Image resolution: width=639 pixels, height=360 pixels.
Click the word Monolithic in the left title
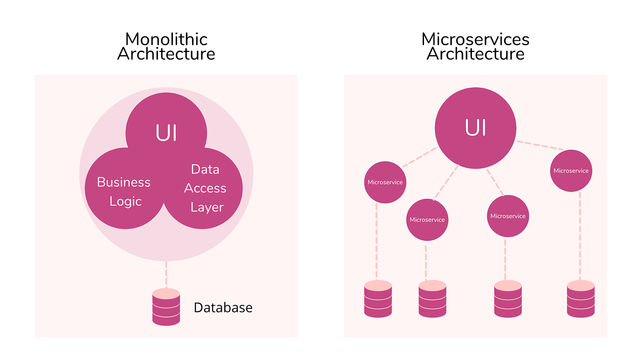(166, 39)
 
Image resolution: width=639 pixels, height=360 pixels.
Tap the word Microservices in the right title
(475, 39)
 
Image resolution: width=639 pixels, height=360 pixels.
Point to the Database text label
(223, 308)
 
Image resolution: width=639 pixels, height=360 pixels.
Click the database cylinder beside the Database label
(166, 307)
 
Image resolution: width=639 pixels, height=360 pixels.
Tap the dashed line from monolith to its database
(166, 274)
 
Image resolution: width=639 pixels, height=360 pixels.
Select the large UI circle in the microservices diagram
(475, 128)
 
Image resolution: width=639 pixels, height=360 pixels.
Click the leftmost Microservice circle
(385, 182)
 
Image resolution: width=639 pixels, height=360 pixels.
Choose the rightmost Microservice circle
(571, 171)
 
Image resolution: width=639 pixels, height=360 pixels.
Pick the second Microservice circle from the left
(427, 219)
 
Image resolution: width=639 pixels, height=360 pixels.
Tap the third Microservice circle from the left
(508, 216)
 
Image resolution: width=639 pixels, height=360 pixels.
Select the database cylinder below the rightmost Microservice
(581, 299)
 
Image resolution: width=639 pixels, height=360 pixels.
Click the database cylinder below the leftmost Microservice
(378, 299)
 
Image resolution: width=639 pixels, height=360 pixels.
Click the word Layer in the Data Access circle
(207, 207)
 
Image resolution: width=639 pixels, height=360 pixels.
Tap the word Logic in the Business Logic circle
(126, 201)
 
